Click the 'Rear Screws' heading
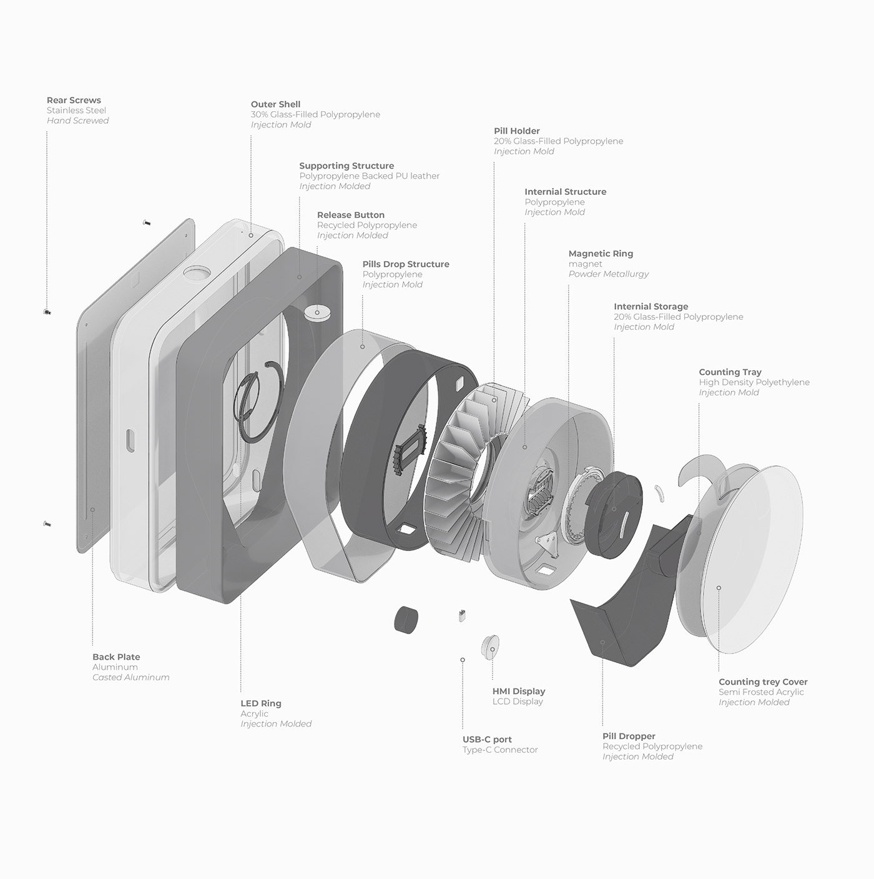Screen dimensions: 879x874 [x=74, y=100]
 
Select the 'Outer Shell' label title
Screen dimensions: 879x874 [x=275, y=104]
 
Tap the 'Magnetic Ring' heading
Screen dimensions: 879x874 [x=601, y=254]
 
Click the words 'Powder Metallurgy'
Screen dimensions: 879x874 [x=608, y=274]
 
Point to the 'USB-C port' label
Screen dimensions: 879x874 [x=487, y=740]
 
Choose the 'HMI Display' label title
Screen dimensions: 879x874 [x=519, y=692]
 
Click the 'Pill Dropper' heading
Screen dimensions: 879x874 [x=629, y=737]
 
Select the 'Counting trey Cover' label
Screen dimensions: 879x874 [x=763, y=682]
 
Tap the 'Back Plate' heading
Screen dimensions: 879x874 [x=116, y=657]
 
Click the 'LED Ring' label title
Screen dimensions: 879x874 [x=261, y=703]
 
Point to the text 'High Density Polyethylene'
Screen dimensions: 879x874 [x=754, y=382]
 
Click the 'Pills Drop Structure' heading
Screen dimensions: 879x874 [x=406, y=264]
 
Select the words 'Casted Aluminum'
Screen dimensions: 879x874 [x=130, y=678]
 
